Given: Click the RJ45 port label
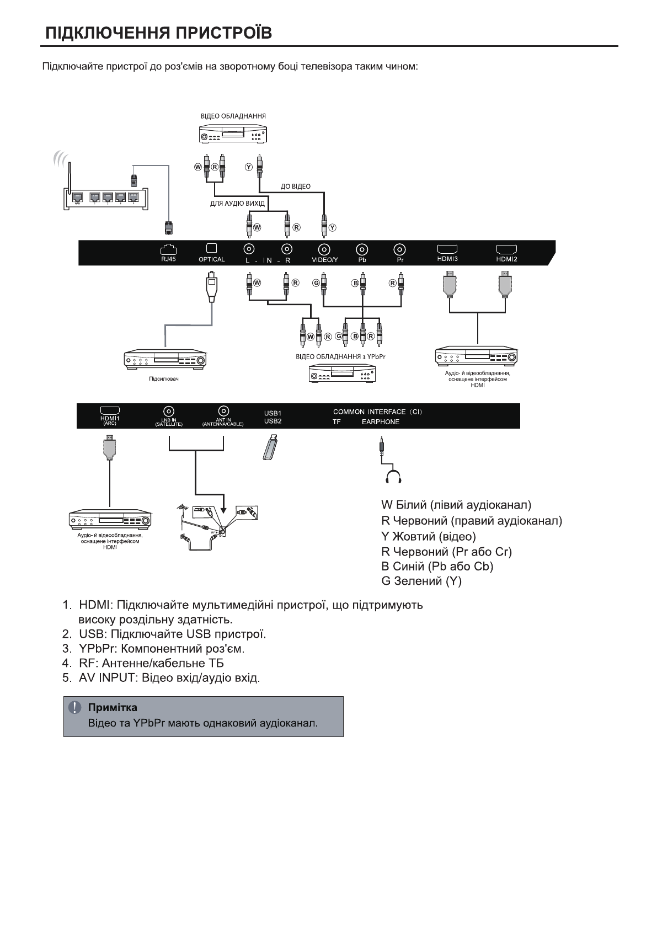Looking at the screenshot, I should [x=168, y=259].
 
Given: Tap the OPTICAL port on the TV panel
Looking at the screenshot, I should [x=211, y=249].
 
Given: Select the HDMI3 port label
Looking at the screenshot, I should [x=447, y=259].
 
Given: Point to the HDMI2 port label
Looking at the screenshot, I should [x=506, y=259].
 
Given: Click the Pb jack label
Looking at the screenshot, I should [x=362, y=260].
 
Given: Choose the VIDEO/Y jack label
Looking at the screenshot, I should [x=325, y=260].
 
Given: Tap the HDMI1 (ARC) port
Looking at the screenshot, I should [x=110, y=411].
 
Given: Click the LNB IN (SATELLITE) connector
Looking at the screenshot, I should [x=168, y=411].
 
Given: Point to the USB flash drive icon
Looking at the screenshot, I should [x=271, y=447].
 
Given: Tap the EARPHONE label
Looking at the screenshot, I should [x=381, y=422].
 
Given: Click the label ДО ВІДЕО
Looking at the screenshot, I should [x=295, y=186].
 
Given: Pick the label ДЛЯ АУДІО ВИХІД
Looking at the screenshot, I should [x=237, y=204].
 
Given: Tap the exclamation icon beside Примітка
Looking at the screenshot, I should [x=74, y=707].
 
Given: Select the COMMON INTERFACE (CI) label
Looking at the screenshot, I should [x=377, y=412].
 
